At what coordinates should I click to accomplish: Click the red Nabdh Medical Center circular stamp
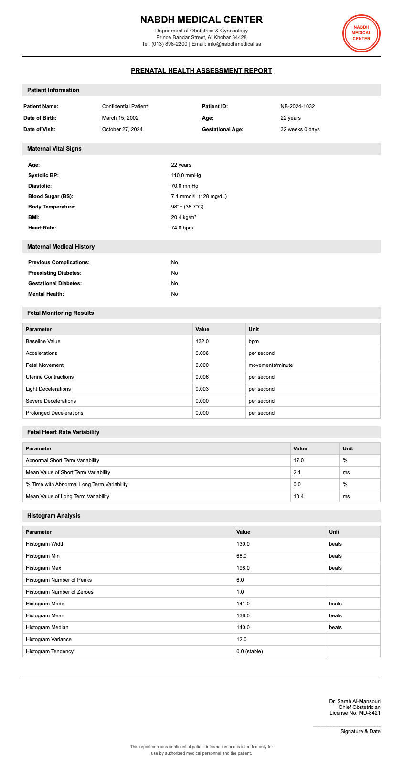coord(361,33)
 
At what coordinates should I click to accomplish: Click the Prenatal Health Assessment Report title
coord(201,71)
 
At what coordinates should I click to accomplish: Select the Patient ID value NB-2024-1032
coord(297,106)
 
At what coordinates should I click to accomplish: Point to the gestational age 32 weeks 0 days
coord(300,129)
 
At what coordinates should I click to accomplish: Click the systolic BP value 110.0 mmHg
coord(186,175)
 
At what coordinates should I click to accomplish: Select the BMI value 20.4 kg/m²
coord(183,217)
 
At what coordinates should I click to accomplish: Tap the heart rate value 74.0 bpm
coord(182,228)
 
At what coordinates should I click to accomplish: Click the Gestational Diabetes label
coord(55,283)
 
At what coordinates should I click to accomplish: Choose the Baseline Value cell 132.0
coord(202,341)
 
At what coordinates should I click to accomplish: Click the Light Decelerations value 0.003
coord(202,389)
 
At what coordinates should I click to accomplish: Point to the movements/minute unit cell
coord(271,365)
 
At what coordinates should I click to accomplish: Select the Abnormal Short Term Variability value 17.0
coord(298,460)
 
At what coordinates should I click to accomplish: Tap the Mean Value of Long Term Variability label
coord(67,496)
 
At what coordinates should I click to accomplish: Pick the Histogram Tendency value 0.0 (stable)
coord(249,651)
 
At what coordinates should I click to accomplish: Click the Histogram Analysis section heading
coord(54,516)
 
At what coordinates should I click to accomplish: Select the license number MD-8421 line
coord(355,713)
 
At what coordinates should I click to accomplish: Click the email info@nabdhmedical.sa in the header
coord(234,44)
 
